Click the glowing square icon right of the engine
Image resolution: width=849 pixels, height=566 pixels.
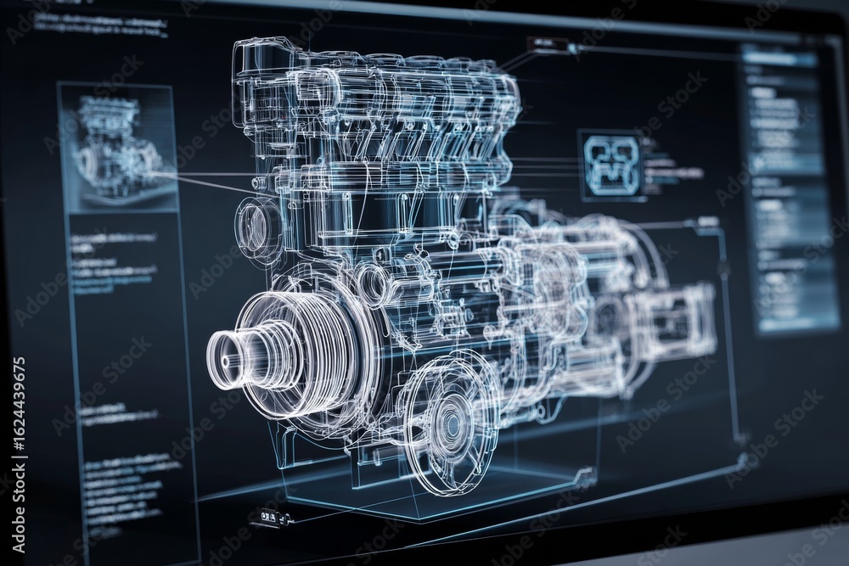pos(610,165)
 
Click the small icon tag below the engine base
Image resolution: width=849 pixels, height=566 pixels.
pos(270,516)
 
